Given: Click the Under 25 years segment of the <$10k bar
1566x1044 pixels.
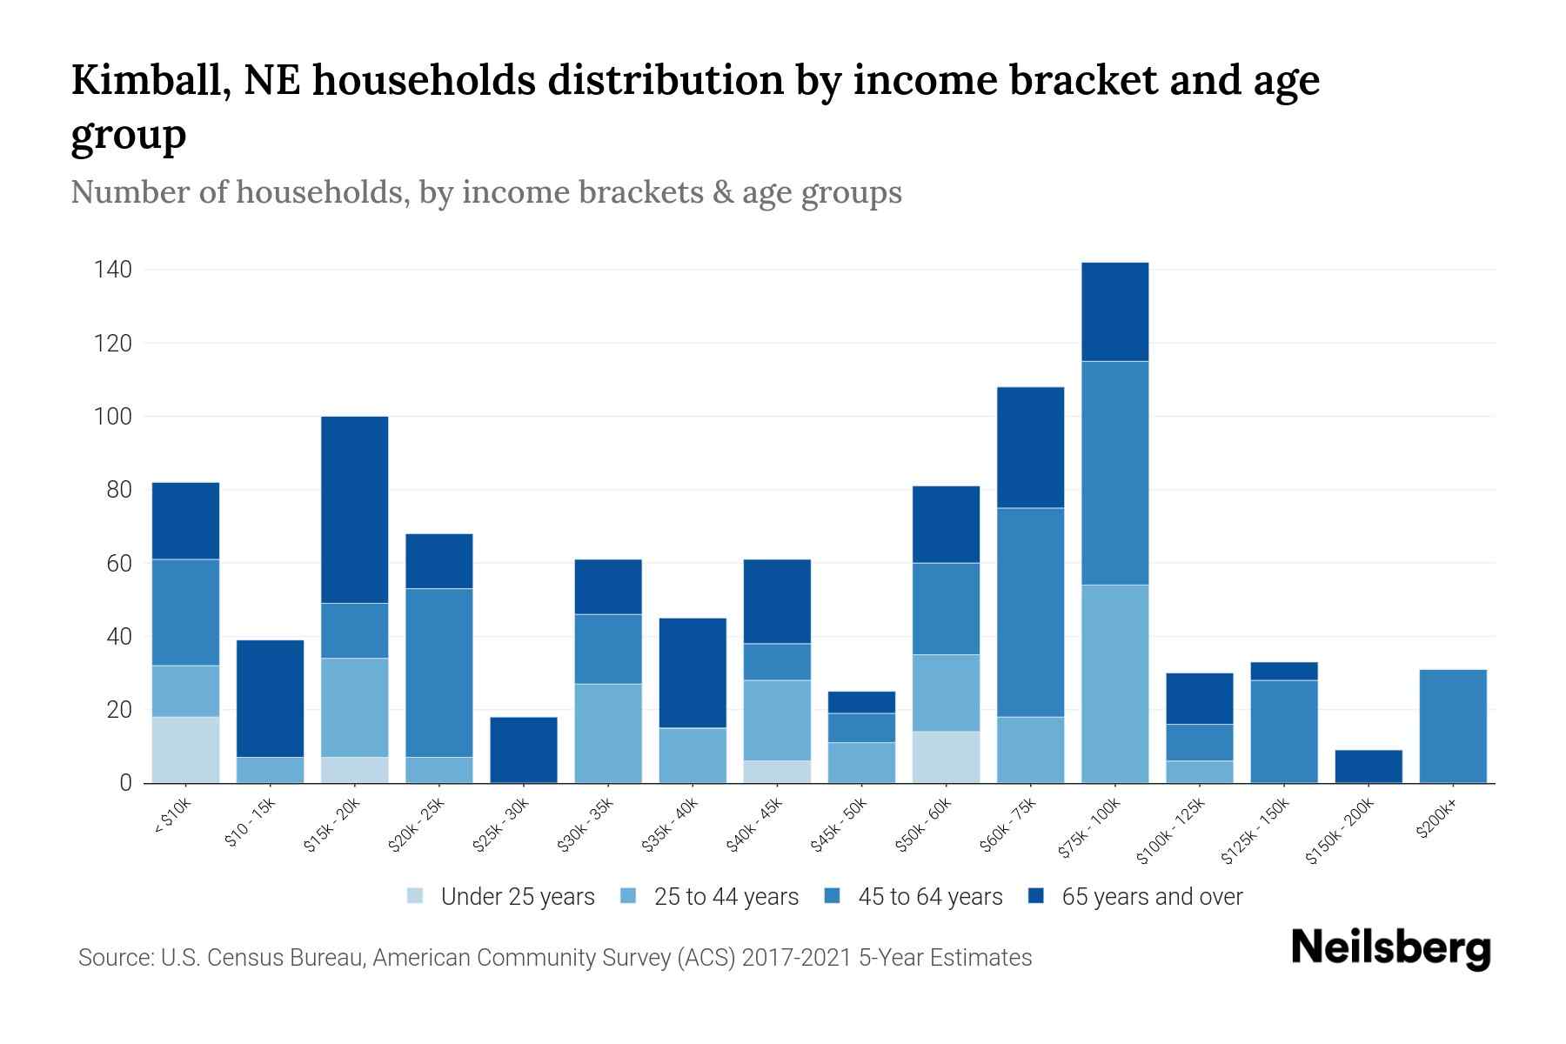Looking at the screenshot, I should [185, 750].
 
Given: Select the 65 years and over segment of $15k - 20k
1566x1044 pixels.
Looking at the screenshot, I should [354, 510].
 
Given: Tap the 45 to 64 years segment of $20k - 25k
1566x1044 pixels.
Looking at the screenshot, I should [438, 673].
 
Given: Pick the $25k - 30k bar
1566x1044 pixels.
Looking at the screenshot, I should [523, 750].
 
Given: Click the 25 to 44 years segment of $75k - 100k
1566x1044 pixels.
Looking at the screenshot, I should [1114, 684].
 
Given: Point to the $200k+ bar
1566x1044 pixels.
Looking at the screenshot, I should [1452, 726].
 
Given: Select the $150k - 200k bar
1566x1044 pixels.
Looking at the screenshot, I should [1368, 766].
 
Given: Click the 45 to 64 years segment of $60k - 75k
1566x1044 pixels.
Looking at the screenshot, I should [1030, 612].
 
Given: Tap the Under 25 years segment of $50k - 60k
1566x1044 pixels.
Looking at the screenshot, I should [946, 757].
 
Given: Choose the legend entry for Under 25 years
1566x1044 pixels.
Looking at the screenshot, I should [517, 897].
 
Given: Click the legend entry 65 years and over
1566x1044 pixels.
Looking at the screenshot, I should [1151, 897].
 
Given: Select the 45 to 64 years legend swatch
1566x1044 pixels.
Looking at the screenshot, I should [833, 896].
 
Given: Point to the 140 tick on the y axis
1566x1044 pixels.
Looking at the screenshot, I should [113, 270].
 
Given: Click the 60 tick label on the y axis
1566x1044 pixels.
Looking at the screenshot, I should [119, 564].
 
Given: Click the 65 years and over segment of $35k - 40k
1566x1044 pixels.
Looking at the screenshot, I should [692, 673].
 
